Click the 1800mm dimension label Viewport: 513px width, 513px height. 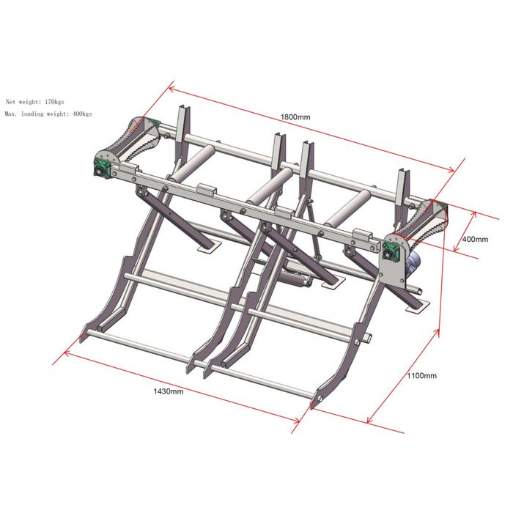pyautogui.click(x=295, y=117)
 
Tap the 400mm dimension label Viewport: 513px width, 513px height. pyautogui.click(x=475, y=239)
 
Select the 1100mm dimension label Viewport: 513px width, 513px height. pyautogui.click(x=421, y=375)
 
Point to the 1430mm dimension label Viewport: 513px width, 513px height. pyautogui.click(x=169, y=391)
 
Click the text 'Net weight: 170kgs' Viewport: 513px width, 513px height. pyautogui.click(x=34, y=102)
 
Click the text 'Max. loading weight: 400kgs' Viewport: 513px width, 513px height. pyautogui.click(x=48, y=114)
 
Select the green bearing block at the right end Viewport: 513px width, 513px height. pyautogui.click(x=391, y=253)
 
